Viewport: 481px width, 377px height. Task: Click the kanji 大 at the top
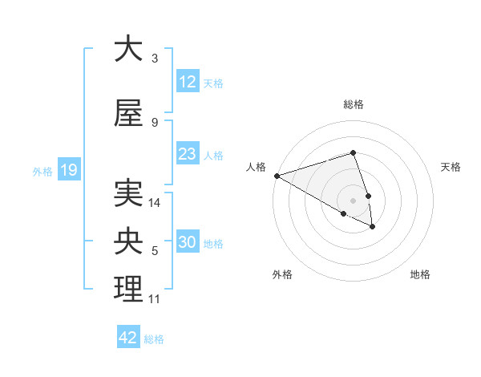pyautogui.click(x=128, y=49)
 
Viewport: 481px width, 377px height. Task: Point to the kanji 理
pyautogui.click(x=128, y=290)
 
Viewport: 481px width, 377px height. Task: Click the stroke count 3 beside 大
pyautogui.click(x=155, y=59)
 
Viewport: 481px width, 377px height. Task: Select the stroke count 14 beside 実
pyautogui.click(x=156, y=203)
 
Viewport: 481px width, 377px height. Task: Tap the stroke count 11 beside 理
pyautogui.click(x=155, y=299)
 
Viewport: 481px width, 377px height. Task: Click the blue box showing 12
pyautogui.click(x=188, y=82)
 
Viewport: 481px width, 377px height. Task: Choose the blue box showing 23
pyautogui.click(x=188, y=154)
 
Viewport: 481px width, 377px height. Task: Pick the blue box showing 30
pyautogui.click(x=188, y=242)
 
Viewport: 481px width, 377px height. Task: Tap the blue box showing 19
pyautogui.click(x=69, y=170)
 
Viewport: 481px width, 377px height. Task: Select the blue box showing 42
pyautogui.click(x=128, y=338)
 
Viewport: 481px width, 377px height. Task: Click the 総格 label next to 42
pyautogui.click(x=154, y=339)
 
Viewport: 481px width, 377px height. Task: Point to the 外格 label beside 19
pyautogui.click(x=42, y=171)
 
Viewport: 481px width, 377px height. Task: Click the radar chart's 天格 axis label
pyautogui.click(x=451, y=167)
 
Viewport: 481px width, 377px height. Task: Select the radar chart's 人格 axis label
pyautogui.click(x=256, y=167)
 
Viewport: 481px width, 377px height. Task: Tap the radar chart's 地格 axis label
pyautogui.click(x=420, y=274)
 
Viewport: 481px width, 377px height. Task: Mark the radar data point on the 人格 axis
pyautogui.click(x=277, y=176)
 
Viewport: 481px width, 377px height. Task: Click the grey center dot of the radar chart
pyautogui.click(x=353, y=200)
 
